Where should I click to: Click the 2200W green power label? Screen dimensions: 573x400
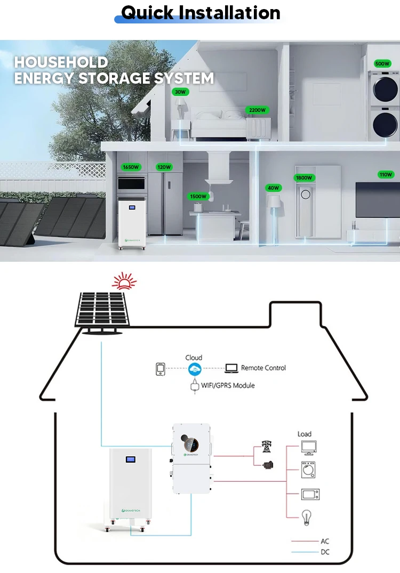257,110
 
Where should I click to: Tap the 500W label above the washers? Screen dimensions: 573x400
382,63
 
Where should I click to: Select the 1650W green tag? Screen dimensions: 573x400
131,167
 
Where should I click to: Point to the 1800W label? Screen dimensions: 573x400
305,177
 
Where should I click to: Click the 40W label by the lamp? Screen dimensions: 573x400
274,188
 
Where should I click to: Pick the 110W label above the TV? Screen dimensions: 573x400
386,174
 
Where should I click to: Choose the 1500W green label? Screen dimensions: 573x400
197,196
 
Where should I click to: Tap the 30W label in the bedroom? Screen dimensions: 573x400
180,92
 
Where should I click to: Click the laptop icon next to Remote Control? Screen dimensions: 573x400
231,368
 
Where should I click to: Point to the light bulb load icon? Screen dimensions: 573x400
307,516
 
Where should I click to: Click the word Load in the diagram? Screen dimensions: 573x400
305,434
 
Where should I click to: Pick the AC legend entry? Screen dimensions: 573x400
325,541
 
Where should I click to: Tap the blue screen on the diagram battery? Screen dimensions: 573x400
130,459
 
